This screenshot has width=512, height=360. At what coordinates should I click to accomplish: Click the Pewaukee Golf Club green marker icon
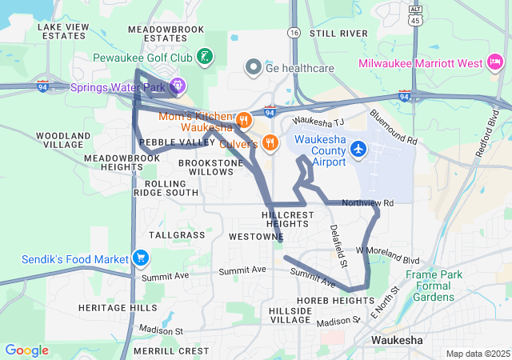(206, 57)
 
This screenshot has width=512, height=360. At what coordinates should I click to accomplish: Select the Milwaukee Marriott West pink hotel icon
(495, 62)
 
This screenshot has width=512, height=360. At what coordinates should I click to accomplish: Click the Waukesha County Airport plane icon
(358, 149)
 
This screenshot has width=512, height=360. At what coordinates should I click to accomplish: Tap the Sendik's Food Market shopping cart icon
(141, 258)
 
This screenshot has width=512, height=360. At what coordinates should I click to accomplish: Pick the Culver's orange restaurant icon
(270, 142)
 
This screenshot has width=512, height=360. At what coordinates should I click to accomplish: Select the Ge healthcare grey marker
(254, 67)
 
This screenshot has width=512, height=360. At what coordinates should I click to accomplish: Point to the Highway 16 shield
(294, 33)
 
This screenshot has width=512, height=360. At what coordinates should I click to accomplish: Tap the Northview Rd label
(368, 203)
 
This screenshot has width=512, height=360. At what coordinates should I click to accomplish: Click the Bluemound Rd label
(394, 128)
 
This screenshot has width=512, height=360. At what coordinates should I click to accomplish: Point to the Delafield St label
(339, 246)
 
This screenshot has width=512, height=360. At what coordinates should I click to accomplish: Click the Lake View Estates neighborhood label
(63, 31)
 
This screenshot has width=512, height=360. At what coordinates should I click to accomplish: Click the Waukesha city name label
(398, 340)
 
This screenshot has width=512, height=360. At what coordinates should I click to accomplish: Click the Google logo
(26, 350)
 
